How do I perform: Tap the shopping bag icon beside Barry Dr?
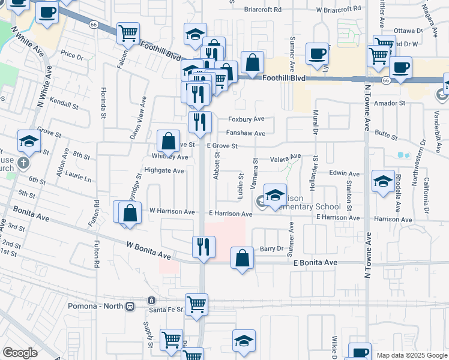tap(241, 259)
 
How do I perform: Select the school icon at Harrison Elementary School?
tap(275, 196)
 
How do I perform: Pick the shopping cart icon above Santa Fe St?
tap(196, 305)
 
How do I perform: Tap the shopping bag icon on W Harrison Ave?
tap(130, 213)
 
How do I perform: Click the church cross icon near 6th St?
tap(23, 163)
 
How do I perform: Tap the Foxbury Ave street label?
tap(246, 120)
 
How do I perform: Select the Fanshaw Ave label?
tap(246, 134)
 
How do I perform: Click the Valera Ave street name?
tap(285, 158)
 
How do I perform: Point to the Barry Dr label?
tap(271, 249)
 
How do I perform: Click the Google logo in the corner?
tap(20, 353)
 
